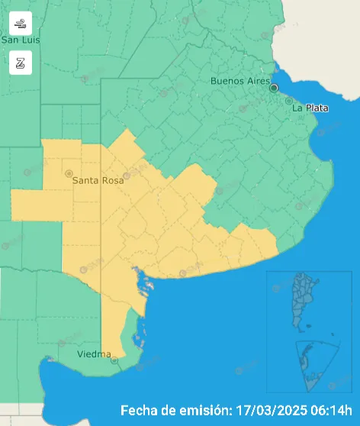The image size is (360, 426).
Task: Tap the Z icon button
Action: [x=21, y=63]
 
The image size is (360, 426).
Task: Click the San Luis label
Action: [x=21, y=40]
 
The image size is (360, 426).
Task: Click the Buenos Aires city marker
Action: [x=274, y=88]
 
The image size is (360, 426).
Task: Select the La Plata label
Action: [x=310, y=108]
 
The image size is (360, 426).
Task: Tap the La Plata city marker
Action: [x=288, y=101]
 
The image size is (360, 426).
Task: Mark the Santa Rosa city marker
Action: [x=69, y=173]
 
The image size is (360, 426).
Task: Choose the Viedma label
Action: [x=94, y=355]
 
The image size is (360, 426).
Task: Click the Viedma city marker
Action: [x=114, y=360]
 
